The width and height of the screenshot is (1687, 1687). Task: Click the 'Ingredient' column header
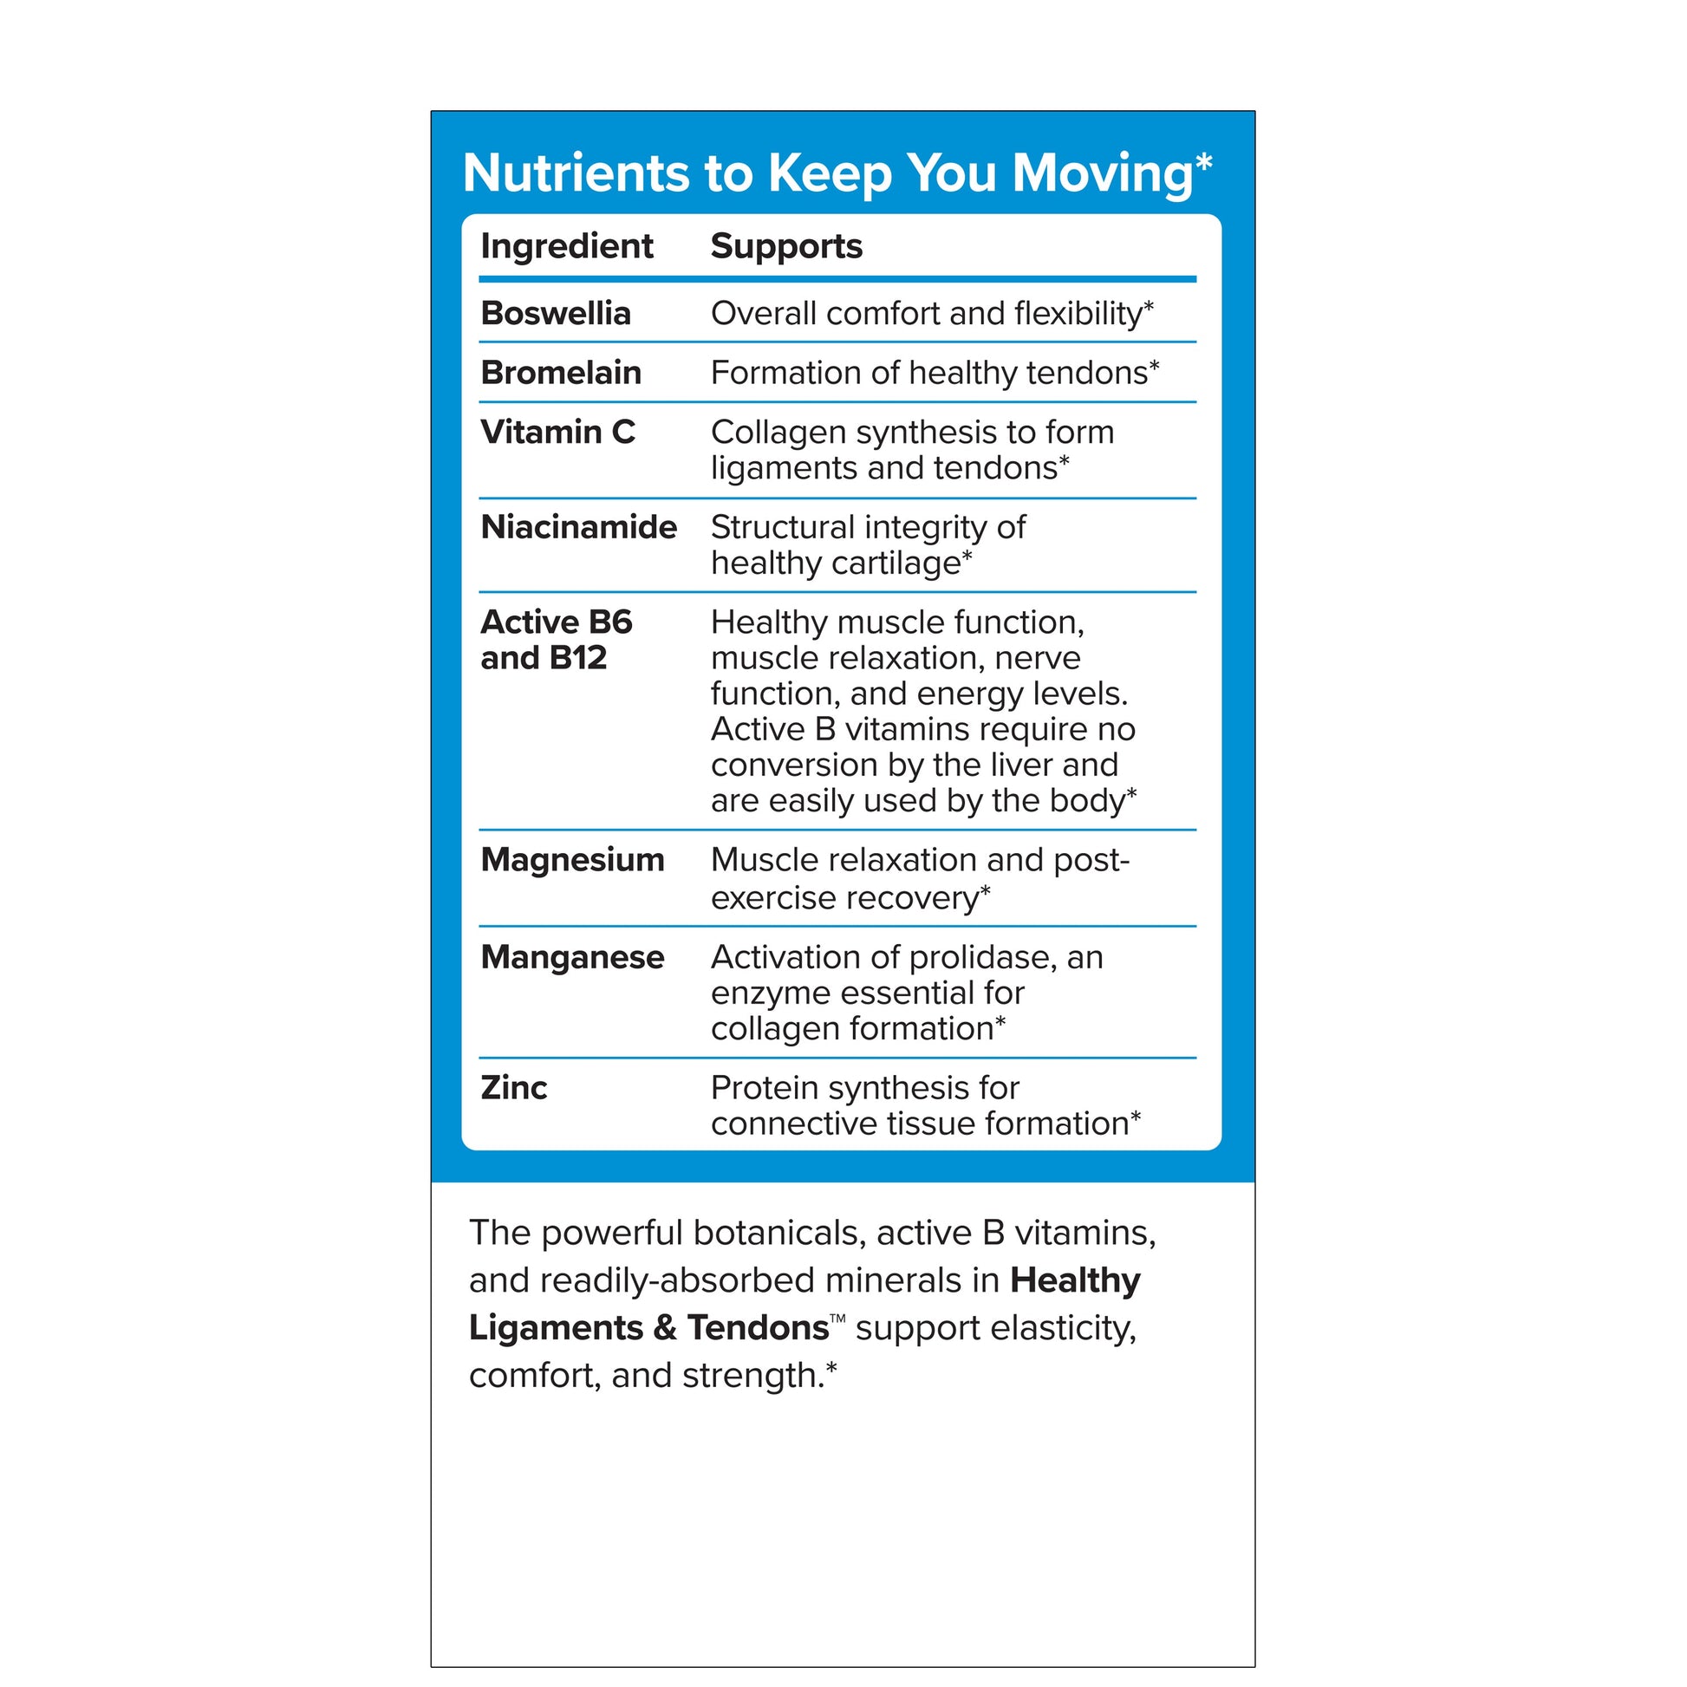coord(566,246)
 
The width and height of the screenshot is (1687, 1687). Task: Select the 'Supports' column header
coord(786,246)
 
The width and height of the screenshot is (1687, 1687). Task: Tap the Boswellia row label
coord(556,314)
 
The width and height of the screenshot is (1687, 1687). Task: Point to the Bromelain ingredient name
coord(561,373)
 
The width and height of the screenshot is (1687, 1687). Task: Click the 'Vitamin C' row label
coord(557,433)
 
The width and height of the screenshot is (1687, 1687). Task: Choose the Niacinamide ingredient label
coord(578,527)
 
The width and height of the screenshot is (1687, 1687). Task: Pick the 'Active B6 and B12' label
coord(556,640)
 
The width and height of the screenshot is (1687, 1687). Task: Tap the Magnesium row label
coord(572,860)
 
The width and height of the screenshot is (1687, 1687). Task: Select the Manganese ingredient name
coord(572,957)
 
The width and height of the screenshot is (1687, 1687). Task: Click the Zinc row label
coord(513,1088)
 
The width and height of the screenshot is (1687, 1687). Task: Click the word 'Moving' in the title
coord(1102,173)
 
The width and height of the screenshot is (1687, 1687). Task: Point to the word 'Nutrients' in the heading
coord(576,173)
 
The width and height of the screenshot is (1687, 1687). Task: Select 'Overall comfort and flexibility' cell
coord(931,314)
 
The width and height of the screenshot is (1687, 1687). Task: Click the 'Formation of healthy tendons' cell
coord(934,373)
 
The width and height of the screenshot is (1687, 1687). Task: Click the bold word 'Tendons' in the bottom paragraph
coord(757,1328)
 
